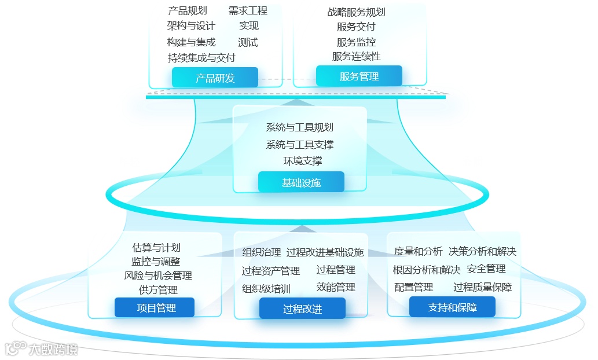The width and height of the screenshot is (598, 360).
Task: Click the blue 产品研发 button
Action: click(x=215, y=78)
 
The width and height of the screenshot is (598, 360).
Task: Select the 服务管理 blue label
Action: click(x=359, y=76)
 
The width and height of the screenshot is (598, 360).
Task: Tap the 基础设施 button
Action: click(x=301, y=182)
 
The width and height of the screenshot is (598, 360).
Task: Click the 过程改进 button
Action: click(x=302, y=308)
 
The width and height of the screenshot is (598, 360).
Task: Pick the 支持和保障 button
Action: click(x=452, y=307)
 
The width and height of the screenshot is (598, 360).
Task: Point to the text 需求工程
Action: click(x=248, y=10)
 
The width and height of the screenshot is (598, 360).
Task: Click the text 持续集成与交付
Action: click(x=201, y=57)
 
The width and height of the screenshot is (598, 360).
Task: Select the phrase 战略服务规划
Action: click(x=356, y=12)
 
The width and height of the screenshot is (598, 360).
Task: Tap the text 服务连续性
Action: click(x=356, y=56)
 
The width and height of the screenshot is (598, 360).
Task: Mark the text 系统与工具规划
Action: click(x=299, y=127)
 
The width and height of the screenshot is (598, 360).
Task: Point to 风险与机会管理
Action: click(x=158, y=275)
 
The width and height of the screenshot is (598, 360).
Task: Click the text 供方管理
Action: click(x=158, y=289)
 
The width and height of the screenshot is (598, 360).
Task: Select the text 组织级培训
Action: click(x=266, y=288)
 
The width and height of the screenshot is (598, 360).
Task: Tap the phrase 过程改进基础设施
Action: click(x=325, y=252)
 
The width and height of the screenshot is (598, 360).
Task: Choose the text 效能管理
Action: click(x=336, y=287)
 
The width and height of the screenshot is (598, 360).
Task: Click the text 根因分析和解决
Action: click(x=427, y=270)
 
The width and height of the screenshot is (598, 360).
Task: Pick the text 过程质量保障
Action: click(x=482, y=287)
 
